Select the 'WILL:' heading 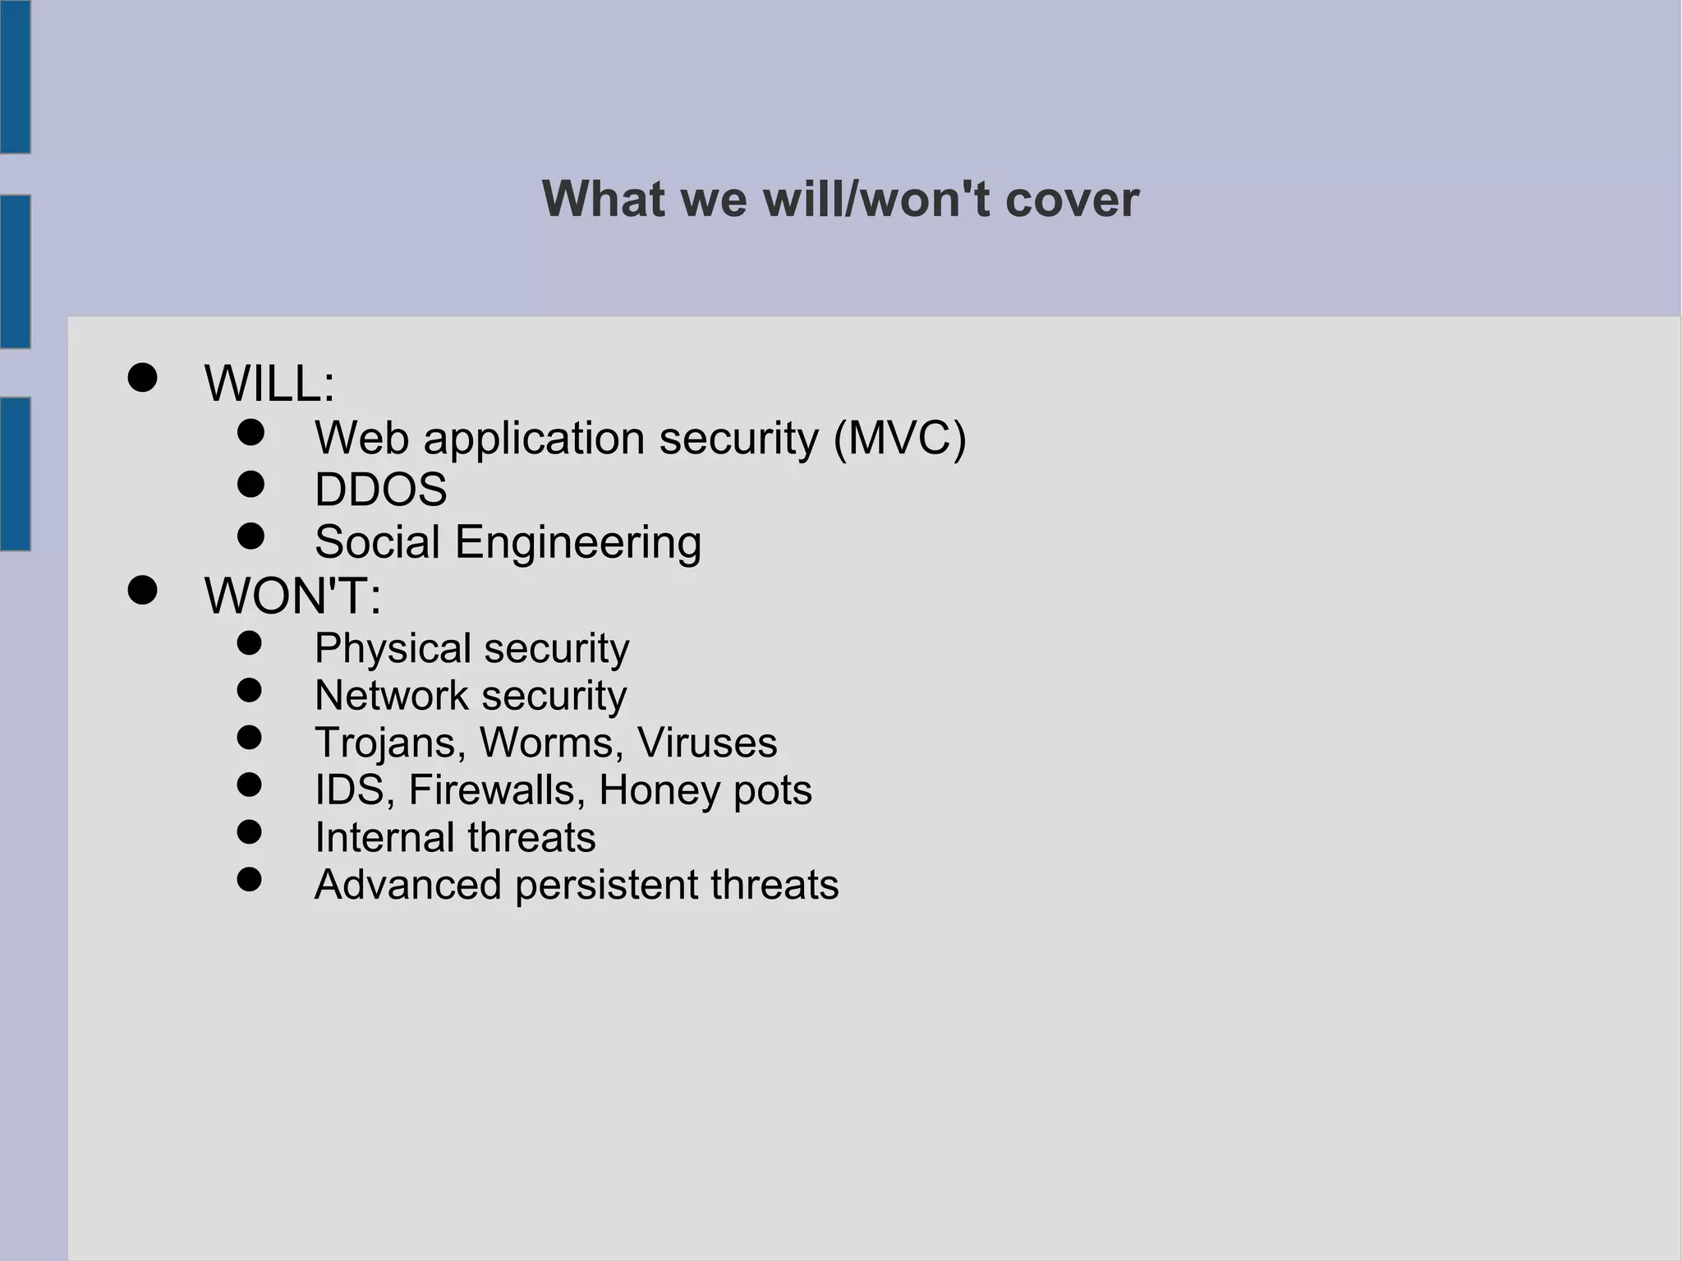pos(269,384)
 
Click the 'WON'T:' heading pos(292,596)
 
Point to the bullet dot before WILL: pos(142,378)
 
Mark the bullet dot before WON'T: pos(142,590)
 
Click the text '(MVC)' pos(899,438)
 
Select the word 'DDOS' pos(380,490)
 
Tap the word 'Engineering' pos(577,543)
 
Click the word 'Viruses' pos(706,743)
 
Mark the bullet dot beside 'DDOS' pos(250,484)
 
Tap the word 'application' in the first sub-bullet pos(534,440)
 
